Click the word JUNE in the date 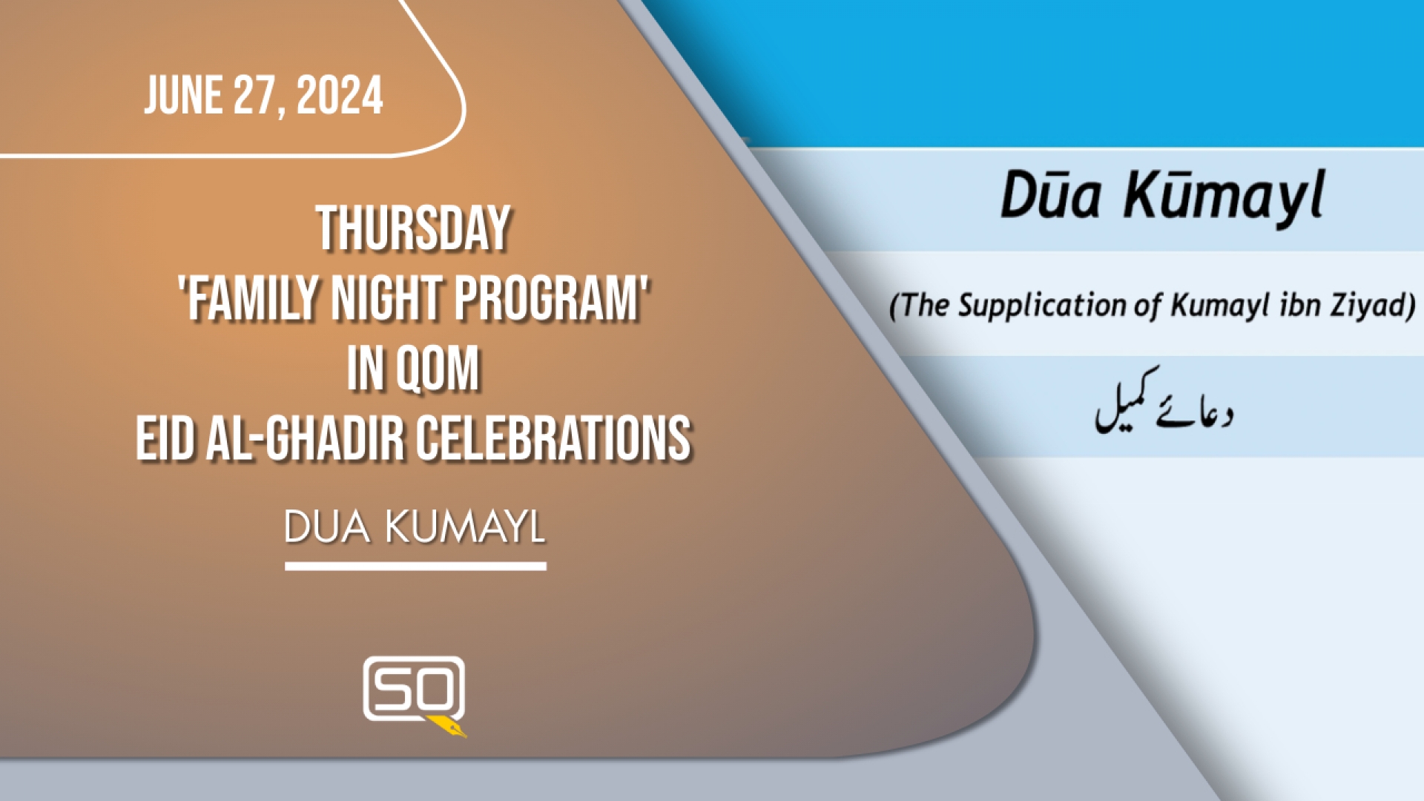183,95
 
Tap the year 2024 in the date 340,95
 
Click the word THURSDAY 413,228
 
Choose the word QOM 438,368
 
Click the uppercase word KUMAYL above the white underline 465,527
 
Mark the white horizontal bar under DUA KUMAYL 415,566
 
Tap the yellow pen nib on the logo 449,727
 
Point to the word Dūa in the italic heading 1051,195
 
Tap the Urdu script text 1164,403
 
